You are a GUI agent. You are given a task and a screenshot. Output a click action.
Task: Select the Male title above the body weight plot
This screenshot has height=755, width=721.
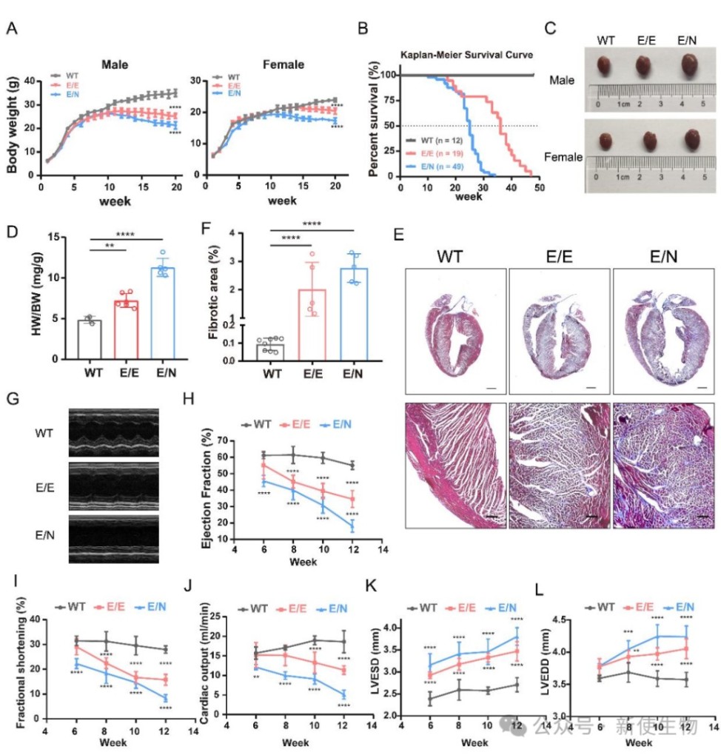(x=115, y=64)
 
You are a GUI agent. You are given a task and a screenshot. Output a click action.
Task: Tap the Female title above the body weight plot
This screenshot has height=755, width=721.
(x=284, y=64)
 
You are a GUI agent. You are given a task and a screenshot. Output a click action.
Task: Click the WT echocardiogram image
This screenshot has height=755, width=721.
(x=113, y=432)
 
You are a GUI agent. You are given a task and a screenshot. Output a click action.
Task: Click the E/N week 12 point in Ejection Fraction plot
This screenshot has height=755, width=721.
(x=352, y=526)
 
